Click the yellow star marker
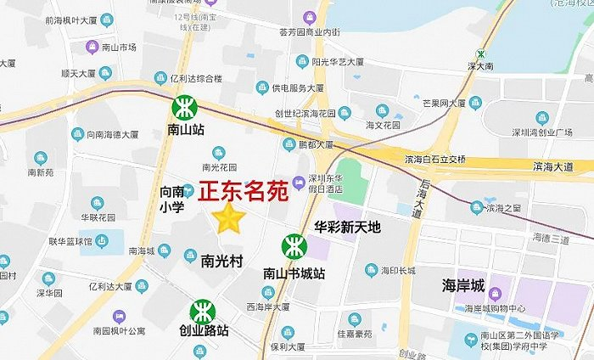point(229,218)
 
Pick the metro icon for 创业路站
point(203,311)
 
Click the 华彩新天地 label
point(348,227)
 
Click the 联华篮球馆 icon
point(103,242)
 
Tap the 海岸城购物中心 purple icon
point(496,295)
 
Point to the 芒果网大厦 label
point(444,103)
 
